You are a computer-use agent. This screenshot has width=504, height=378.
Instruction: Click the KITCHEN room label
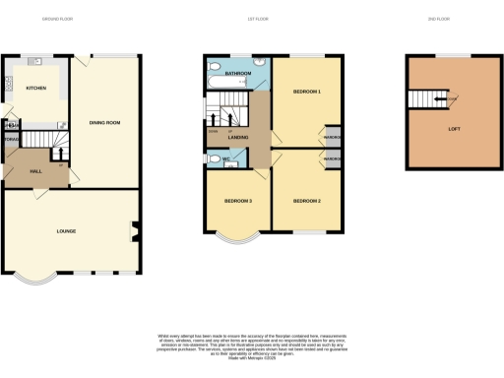click(23, 88)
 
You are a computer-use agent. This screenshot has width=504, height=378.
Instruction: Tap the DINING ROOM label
click(105, 122)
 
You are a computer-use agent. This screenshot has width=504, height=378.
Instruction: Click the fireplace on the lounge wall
click(134, 233)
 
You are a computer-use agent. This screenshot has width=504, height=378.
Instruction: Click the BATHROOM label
click(237, 73)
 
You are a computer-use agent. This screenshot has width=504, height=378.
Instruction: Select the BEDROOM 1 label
click(307, 92)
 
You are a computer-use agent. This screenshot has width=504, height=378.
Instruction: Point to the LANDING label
click(237, 137)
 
